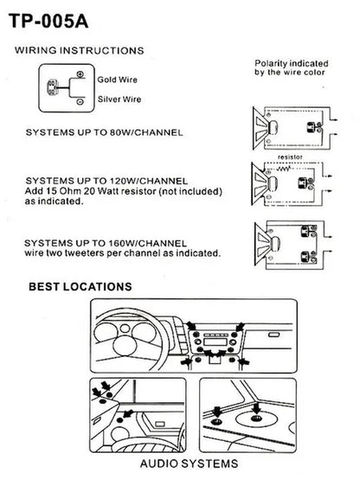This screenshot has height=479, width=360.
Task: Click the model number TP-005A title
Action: (x=48, y=21)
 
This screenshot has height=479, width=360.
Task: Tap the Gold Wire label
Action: (x=117, y=80)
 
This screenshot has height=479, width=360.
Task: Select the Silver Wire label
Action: (x=119, y=99)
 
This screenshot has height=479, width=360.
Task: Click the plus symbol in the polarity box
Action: (x=80, y=74)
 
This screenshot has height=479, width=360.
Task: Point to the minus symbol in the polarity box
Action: (x=80, y=102)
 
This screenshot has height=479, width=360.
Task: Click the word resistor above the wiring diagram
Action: (x=290, y=157)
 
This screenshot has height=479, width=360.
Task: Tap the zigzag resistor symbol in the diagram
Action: (x=284, y=169)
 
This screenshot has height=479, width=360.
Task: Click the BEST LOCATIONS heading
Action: (x=80, y=286)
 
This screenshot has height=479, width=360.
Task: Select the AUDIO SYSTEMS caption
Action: (x=189, y=463)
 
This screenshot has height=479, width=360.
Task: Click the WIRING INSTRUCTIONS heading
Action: (x=80, y=50)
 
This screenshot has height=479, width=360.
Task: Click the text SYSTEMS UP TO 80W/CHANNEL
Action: (x=105, y=132)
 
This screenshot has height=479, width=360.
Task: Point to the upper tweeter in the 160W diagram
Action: (x=309, y=231)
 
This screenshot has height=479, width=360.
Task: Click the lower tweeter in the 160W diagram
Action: (x=309, y=257)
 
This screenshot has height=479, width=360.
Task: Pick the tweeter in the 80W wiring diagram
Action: (x=314, y=127)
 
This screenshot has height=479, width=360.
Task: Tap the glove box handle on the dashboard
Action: (x=273, y=335)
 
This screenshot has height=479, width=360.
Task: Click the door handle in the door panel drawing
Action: (x=159, y=424)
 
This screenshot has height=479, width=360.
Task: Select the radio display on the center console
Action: (x=215, y=342)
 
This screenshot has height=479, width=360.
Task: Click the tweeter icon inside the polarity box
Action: (x=52, y=87)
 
